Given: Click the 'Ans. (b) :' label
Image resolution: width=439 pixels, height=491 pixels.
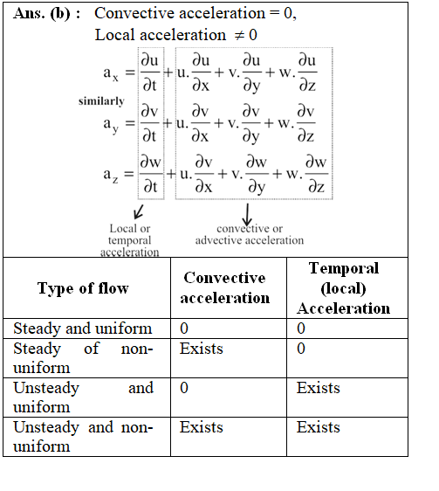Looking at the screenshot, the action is (x=46, y=14).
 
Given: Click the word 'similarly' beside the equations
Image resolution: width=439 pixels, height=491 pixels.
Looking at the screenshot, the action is (x=101, y=101).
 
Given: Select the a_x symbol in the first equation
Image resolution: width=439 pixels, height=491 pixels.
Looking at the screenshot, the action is (x=111, y=74).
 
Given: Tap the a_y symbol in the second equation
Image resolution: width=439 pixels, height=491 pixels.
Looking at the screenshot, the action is (x=111, y=125).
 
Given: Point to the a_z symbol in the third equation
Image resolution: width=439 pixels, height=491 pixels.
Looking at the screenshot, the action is (x=111, y=175).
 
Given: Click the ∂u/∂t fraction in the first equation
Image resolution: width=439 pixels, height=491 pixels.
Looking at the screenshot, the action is (x=150, y=73).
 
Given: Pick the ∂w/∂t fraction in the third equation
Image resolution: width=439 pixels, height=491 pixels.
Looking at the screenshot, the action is (x=151, y=174).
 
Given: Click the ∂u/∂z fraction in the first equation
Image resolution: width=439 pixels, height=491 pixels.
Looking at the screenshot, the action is (x=307, y=73).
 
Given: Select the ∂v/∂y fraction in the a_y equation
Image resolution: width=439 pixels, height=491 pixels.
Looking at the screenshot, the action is (x=251, y=124).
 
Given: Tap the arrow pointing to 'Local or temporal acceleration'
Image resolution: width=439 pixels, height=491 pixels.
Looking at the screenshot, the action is (x=138, y=212).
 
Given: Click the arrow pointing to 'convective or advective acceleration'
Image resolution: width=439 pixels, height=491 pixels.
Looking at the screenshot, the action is (x=247, y=215).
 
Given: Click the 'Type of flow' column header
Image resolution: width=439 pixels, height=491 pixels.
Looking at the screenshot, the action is (x=83, y=288).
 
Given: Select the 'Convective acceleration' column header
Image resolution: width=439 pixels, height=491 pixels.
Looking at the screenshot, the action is (x=224, y=287).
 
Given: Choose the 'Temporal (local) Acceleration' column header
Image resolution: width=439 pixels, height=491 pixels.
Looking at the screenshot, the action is (x=344, y=288).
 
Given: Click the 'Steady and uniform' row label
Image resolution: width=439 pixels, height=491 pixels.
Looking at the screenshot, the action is (x=83, y=328).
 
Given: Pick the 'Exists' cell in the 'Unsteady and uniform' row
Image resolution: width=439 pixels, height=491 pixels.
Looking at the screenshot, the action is (x=319, y=388).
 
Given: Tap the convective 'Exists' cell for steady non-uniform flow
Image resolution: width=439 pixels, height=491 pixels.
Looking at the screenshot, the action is (x=202, y=349).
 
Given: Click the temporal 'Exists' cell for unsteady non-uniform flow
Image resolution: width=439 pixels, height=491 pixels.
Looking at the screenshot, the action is (x=319, y=427).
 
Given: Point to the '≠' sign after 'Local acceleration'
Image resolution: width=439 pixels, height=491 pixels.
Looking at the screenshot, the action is (x=239, y=35).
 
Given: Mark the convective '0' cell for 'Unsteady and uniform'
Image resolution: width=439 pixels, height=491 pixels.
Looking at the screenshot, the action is (x=184, y=388).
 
